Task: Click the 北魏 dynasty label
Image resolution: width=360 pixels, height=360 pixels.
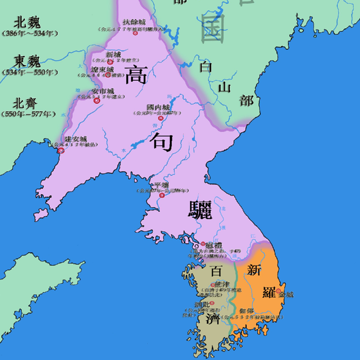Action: tap(27, 23)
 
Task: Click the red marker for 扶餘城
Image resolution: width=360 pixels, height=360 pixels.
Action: tap(135, 33)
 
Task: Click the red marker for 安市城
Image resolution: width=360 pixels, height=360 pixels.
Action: tap(96, 101)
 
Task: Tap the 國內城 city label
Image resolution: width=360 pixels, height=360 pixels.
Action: tap(158, 108)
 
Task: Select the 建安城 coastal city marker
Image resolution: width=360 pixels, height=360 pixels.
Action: tap(61, 150)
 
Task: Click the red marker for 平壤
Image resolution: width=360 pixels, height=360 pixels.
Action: tap(162, 195)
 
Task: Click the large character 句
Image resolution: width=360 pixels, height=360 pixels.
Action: tap(162, 141)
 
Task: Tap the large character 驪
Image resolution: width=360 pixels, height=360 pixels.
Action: tap(200, 210)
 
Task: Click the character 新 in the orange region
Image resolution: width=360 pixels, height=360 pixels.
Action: tap(254, 270)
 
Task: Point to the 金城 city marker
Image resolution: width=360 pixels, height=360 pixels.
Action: tap(278, 291)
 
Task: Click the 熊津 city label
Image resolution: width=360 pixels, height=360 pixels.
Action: tap(222, 284)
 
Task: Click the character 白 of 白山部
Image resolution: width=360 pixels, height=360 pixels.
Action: tap(206, 67)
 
